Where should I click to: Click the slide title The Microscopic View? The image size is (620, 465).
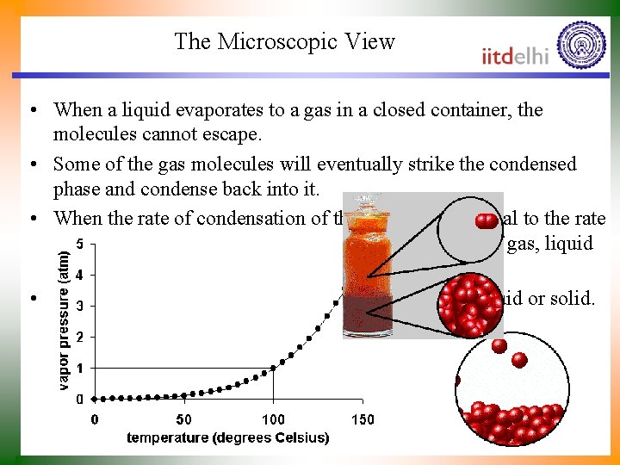(284, 41)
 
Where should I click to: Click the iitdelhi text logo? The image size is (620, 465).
(516, 56)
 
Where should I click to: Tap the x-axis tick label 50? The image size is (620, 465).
(183, 419)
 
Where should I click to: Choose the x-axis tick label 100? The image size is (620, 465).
(273, 419)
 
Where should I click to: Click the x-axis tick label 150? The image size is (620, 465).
(363, 419)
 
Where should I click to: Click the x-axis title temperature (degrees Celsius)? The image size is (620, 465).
(227, 438)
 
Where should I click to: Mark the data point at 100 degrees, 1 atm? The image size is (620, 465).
(274, 368)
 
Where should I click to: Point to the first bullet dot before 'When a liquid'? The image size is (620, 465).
(31, 111)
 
